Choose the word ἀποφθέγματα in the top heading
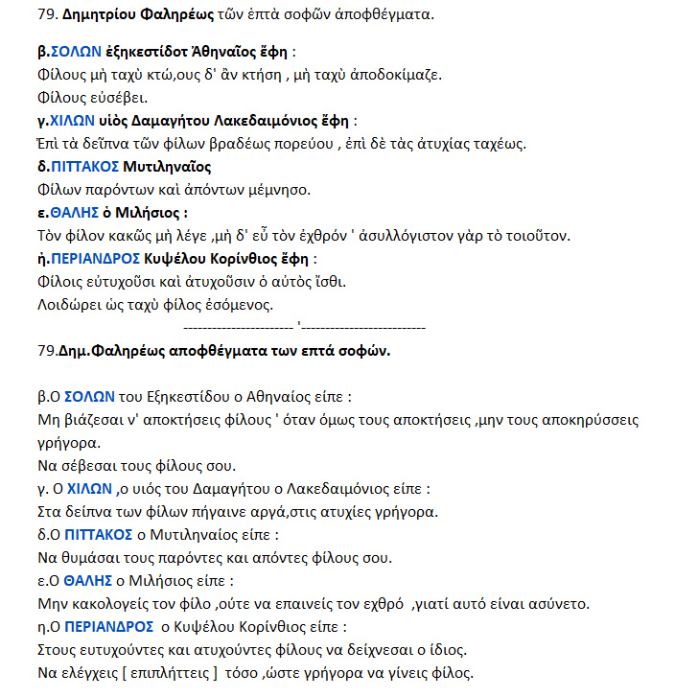383,15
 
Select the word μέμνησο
275,189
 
